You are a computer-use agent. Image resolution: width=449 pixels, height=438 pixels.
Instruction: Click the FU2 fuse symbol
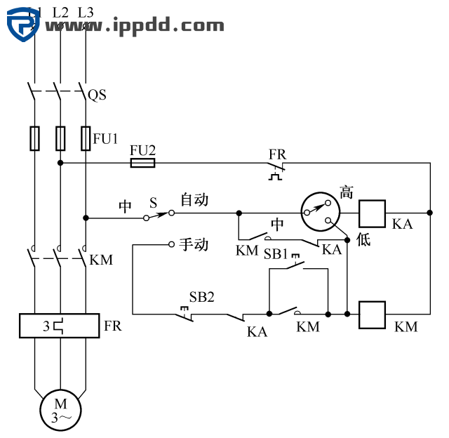[x=142, y=163]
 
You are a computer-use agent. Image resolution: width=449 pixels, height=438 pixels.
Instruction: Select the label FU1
[x=106, y=138]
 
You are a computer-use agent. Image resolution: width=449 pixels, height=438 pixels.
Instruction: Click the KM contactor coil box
[x=373, y=314]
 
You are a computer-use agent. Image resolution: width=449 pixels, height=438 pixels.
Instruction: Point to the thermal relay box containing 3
[x=60, y=326]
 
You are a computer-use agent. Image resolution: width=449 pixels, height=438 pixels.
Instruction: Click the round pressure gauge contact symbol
[x=319, y=210]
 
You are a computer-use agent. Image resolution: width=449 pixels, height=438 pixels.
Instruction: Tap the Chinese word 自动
[x=194, y=200]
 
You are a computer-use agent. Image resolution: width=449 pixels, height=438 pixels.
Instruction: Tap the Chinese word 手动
[x=194, y=244]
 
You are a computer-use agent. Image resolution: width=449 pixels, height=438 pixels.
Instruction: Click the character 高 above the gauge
[x=346, y=192]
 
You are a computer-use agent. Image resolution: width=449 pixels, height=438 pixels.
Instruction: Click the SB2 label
[x=201, y=296]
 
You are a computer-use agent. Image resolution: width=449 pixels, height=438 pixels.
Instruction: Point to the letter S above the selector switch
[x=153, y=202]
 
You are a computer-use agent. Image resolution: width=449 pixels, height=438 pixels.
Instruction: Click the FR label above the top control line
[x=277, y=153]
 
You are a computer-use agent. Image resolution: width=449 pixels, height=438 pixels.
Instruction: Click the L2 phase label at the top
[x=60, y=12]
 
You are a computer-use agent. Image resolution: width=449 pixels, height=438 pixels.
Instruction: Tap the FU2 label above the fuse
[x=142, y=150]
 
